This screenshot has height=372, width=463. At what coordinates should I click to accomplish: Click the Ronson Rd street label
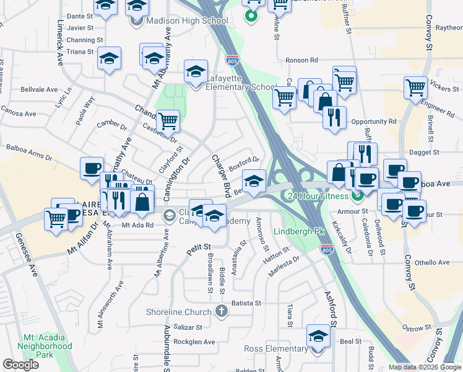point(301,61)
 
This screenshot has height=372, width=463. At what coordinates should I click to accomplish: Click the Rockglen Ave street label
point(194,342)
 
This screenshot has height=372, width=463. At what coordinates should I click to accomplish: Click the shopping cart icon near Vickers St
point(415,87)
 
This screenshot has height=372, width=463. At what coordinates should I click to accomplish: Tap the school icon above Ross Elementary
point(318,336)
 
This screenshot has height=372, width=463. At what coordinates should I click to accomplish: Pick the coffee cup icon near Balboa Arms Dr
point(92,167)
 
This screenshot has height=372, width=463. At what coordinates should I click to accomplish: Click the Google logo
point(20,365)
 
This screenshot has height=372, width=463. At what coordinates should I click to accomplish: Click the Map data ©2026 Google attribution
point(424,367)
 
